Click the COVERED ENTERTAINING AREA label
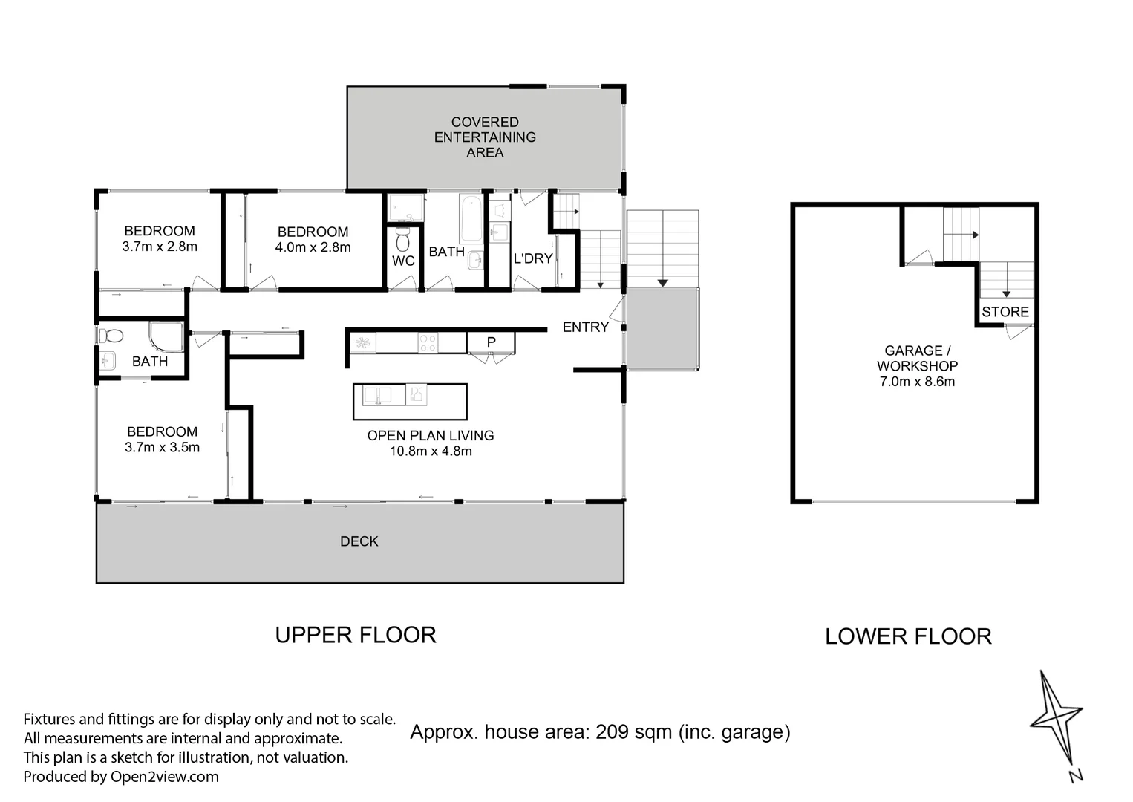[x=485, y=137]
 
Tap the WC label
[x=403, y=261]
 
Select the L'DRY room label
[x=533, y=258]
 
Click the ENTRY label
[x=585, y=327]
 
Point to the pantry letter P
[x=491, y=342]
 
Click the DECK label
[x=359, y=541]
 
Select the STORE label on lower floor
[x=1005, y=312]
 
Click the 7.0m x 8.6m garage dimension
[x=917, y=382]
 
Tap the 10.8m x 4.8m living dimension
[x=431, y=451]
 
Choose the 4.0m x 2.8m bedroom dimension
[x=313, y=247]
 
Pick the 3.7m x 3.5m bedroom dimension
[x=162, y=447]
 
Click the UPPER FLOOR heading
[x=356, y=635]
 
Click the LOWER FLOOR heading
[x=908, y=636]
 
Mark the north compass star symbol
[x=1056, y=717]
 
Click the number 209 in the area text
[x=613, y=732]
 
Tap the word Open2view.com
[x=164, y=777]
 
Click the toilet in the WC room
[x=403, y=240]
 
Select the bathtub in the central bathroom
[x=470, y=218]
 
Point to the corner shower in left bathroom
[x=166, y=336]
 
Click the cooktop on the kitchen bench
[x=428, y=342]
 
